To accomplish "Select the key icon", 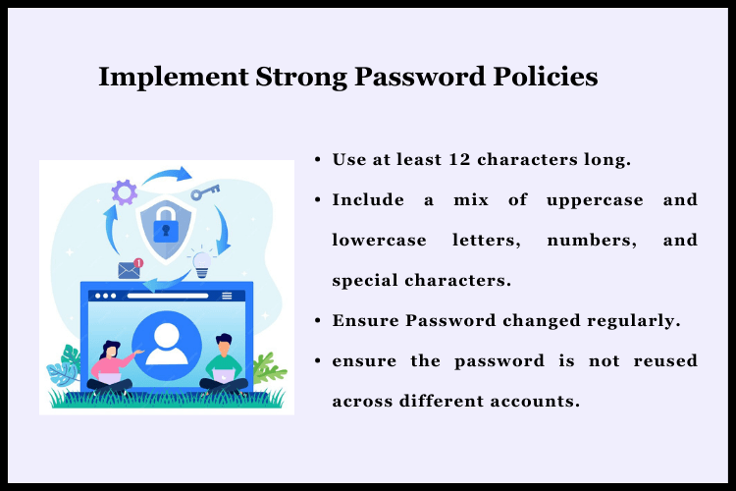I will [x=205, y=191].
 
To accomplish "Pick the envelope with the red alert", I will [x=130, y=269].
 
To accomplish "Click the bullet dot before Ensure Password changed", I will [x=319, y=320].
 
